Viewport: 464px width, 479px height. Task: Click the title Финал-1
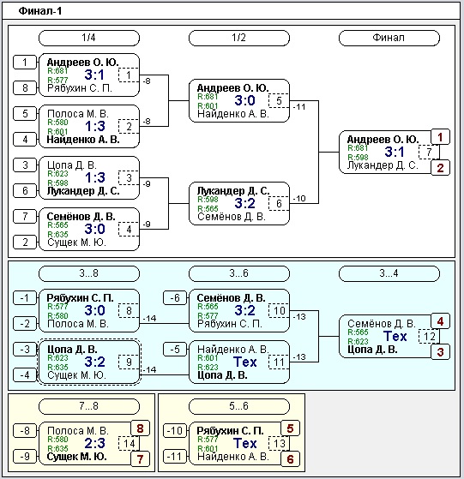pyautogui.click(x=40, y=11)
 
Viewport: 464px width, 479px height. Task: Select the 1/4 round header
pyautogui.click(x=89, y=38)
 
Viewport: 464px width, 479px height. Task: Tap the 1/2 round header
pyautogui.click(x=239, y=38)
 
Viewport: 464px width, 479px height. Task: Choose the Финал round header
pyautogui.click(x=389, y=38)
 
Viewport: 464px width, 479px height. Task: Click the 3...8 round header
pyautogui.click(x=89, y=273)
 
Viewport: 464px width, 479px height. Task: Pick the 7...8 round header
pyautogui.click(x=89, y=406)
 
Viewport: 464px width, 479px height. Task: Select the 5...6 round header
pyautogui.click(x=239, y=406)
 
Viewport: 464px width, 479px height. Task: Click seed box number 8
pyautogui.click(x=25, y=88)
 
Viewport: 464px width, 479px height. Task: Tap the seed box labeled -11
pyautogui.click(x=174, y=457)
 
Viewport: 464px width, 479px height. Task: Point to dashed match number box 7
pyautogui.click(x=429, y=152)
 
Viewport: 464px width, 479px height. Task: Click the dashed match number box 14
pyautogui.click(x=129, y=444)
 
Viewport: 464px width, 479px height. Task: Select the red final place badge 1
pyautogui.click(x=440, y=137)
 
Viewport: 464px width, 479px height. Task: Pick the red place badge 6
pyautogui.click(x=290, y=459)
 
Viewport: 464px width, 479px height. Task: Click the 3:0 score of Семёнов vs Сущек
pyautogui.click(x=94, y=229)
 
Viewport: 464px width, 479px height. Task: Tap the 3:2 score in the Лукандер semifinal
pyautogui.click(x=244, y=203)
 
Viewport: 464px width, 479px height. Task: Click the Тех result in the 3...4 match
pyautogui.click(x=395, y=337)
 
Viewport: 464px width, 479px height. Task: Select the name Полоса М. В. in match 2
pyautogui.click(x=78, y=114)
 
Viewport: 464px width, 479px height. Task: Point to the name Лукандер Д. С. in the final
pyautogui.click(x=383, y=165)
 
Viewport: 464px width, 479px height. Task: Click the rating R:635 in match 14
pyautogui.click(x=57, y=448)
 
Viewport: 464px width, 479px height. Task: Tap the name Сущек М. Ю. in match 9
pyautogui.click(x=76, y=375)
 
